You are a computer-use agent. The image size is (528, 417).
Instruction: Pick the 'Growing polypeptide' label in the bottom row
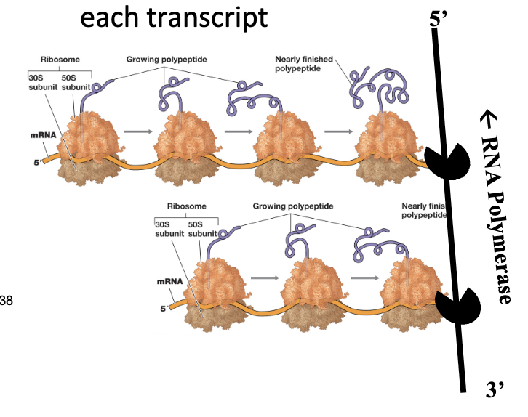point(293,206)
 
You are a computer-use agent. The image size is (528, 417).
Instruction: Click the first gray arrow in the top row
point(137,132)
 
